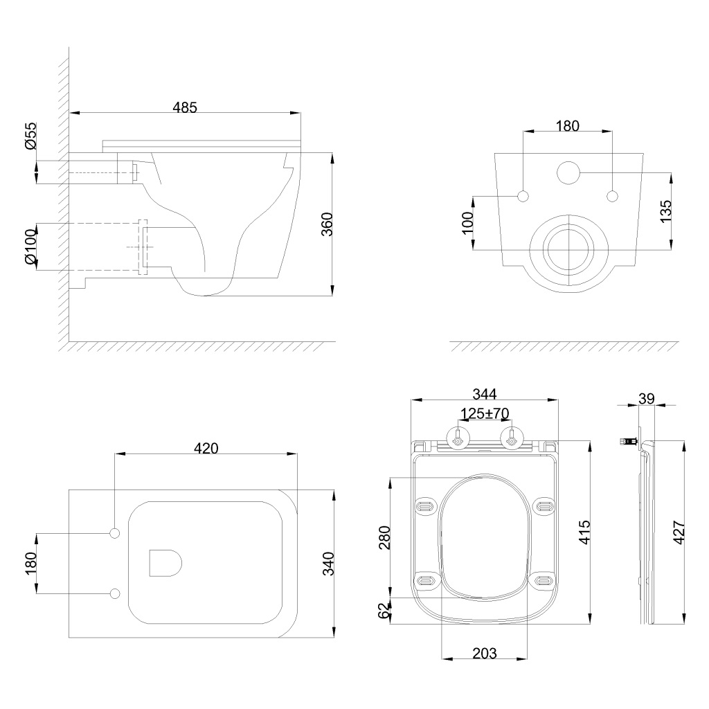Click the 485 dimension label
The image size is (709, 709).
(185, 107)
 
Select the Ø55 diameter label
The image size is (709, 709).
(30, 136)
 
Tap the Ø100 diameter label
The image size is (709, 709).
(30, 247)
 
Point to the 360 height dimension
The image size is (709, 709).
(327, 224)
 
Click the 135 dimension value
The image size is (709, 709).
(665, 211)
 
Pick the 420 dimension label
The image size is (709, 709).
(206, 448)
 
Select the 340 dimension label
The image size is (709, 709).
(327, 564)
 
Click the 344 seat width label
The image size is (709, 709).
(484, 394)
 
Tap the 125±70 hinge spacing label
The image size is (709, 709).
(485, 413)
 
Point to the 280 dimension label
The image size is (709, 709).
(385, 537)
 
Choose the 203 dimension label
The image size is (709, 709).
(484, 654)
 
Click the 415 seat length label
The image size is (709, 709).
(584, 532)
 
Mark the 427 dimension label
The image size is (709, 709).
(680, 532)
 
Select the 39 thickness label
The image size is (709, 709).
(647, 399)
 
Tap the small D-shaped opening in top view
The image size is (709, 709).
(165, 564)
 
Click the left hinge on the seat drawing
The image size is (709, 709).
(458, 438)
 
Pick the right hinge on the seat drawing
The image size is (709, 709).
(512, 438)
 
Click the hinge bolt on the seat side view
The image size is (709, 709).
(629, 440)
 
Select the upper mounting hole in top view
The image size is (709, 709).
(115, 534)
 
